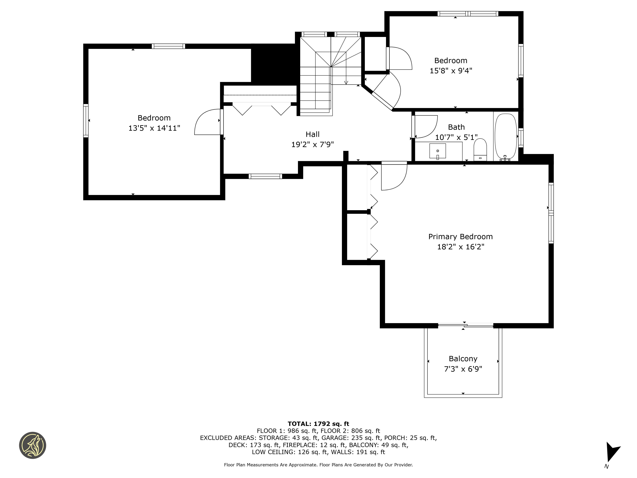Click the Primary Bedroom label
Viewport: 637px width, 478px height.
[461, 237]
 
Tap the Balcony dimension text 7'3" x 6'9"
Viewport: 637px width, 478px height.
[463, 369]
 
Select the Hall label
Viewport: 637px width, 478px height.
[312, 134]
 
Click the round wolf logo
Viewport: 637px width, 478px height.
[32, 445]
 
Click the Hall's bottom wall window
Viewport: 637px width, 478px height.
[265, 176]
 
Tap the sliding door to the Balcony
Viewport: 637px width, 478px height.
[465, 326]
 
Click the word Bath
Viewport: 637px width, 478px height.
[456, 127]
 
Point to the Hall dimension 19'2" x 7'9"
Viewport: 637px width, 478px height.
[312, 144]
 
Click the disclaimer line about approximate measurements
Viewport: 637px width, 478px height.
[318, 465]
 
